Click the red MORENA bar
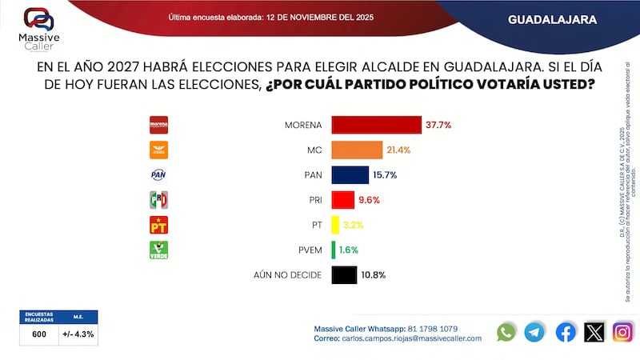point(376,125)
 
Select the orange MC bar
point(357,150)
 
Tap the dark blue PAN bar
point(350,174)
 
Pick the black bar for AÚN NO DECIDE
point(343,274)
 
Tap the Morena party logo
point(159,125)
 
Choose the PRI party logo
point(159,200)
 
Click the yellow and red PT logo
point(159,225)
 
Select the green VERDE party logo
point(159,250)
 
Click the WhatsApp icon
point(506,332)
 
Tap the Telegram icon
point(534,332)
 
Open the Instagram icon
point(622,332)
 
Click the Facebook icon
point(565,332)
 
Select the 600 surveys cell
point(38,334)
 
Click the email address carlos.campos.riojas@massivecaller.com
point(412,338)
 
